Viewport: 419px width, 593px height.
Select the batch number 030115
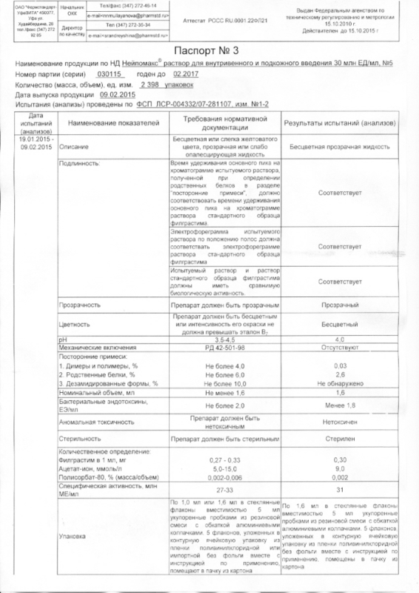[108, 76]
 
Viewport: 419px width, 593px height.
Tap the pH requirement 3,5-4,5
[225, 338]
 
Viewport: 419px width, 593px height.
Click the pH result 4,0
[341, 338]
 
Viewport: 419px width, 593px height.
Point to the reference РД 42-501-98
[225, 345]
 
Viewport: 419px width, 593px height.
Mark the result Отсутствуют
[341, 345]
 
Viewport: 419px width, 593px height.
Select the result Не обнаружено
[341, 383]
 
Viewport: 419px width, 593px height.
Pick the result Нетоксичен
[341, 422]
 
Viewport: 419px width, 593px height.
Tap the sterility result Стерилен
[341, 440]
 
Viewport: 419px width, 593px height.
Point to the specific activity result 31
[341, 490]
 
